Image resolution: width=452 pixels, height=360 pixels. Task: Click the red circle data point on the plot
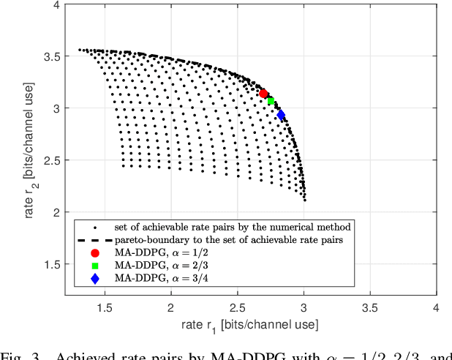pos(263,93)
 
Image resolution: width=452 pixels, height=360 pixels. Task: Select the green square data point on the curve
pos(271,101)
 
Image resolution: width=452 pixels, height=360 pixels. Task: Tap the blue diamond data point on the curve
pos(281,115)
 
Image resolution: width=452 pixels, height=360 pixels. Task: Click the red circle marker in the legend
pos(94,252)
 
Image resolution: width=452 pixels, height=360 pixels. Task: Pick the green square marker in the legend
pos(94,265)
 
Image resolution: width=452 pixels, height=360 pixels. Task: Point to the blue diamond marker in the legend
pos(94,278)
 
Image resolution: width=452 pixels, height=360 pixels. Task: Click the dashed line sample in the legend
pos(94,239)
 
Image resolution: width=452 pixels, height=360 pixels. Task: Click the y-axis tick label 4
pos(56,5)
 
